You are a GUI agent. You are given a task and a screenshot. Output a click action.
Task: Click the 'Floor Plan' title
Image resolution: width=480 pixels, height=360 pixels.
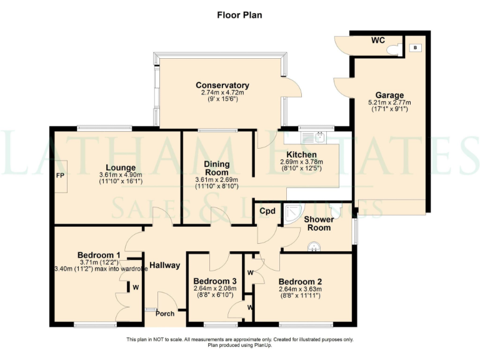240,15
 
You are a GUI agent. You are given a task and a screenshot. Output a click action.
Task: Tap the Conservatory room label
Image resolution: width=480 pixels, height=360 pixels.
222,85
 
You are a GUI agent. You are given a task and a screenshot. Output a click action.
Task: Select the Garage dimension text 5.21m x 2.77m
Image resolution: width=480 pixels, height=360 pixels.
389,102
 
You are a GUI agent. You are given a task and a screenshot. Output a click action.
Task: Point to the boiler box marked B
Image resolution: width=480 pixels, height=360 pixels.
416,47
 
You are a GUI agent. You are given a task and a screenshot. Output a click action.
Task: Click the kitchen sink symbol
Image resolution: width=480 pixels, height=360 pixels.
314,137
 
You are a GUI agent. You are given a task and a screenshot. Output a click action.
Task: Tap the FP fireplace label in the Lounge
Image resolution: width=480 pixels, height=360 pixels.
60,176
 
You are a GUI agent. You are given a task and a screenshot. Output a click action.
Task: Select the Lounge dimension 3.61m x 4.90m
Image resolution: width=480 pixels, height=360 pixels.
121,175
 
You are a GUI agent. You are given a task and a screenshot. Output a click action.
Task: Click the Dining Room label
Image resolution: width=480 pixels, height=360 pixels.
216,168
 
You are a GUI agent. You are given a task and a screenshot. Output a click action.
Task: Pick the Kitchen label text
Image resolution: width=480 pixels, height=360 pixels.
301,154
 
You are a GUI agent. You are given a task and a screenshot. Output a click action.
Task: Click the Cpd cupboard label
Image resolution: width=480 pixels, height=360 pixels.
267,211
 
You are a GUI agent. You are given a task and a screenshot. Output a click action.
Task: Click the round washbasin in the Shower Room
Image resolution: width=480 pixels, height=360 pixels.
314,247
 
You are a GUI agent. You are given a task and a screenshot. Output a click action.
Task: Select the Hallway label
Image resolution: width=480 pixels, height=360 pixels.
165,265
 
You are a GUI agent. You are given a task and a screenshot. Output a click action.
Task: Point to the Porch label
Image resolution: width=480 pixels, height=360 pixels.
165,314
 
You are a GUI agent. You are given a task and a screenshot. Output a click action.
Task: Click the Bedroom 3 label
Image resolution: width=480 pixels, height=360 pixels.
215,281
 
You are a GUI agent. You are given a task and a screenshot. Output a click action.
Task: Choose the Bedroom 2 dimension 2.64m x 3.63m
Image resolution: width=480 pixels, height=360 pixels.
300,289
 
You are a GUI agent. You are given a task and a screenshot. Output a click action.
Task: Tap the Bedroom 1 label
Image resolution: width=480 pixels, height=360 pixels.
99,255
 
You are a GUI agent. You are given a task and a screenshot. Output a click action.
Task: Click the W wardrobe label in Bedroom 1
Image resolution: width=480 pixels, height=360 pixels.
136,287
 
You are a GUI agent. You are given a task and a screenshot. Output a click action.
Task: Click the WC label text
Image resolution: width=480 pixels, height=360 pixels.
378,41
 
